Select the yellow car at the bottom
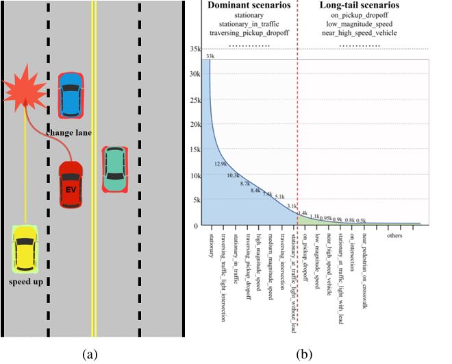25,250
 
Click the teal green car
114,169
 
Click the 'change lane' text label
69,131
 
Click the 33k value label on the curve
210,65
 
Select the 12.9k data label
220,164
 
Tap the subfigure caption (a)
90,354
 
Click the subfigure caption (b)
304,354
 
